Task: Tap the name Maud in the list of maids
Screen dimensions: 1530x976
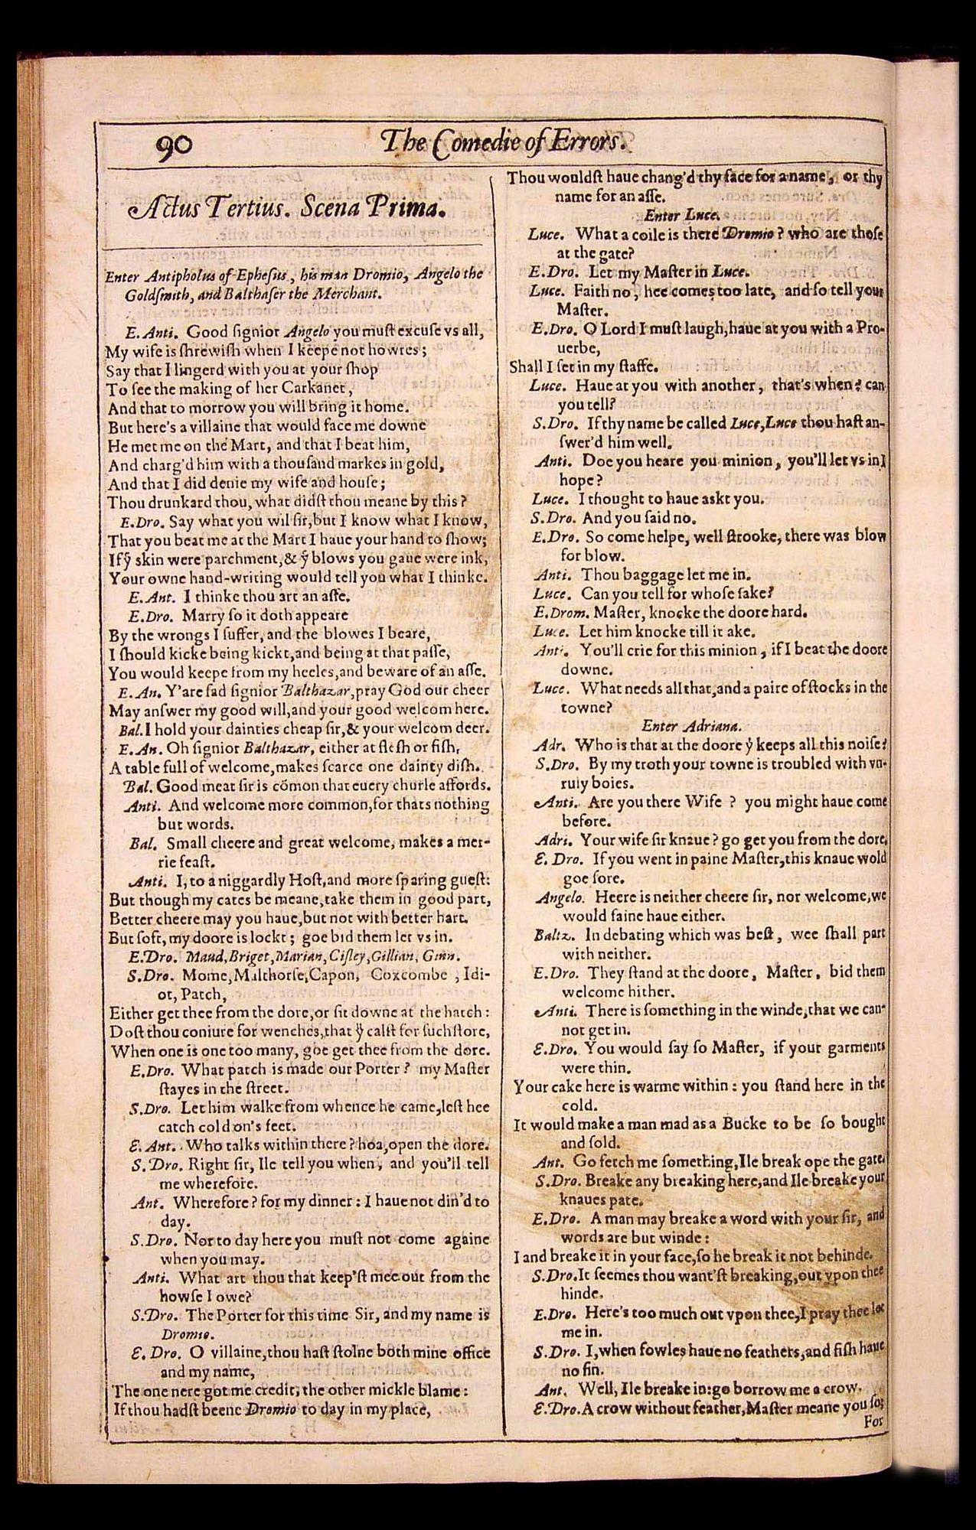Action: coord(184,955)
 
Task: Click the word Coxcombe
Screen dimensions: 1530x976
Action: coord(409,975)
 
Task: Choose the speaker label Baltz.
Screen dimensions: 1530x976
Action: coord(558,935)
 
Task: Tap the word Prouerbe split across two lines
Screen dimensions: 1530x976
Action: coord(865,328)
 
